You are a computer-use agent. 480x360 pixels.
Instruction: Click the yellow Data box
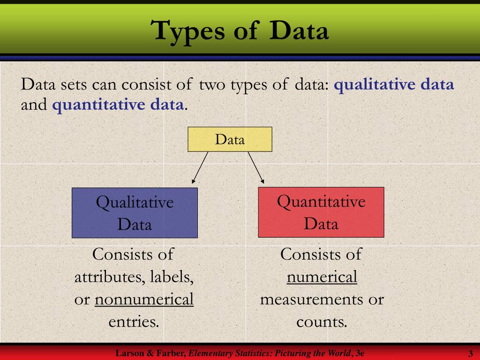[x=230, y=139]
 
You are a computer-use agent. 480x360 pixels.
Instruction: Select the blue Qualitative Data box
[x=135, y=213]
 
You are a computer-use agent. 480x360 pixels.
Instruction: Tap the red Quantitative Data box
[x=321, y=212]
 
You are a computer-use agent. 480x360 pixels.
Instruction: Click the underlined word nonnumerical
[x=144, y=300]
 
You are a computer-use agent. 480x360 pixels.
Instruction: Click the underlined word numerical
[x=322, y=277]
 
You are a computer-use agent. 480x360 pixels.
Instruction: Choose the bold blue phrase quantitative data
[x=118, y=105]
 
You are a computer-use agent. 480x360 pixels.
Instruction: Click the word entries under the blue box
[x=134, y=322]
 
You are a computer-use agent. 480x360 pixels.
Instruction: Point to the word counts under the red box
[x=322, y=322]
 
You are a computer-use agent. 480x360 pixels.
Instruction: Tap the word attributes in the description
[x=108, y=277]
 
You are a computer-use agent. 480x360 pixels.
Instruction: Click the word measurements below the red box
[x=307, y=300]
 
